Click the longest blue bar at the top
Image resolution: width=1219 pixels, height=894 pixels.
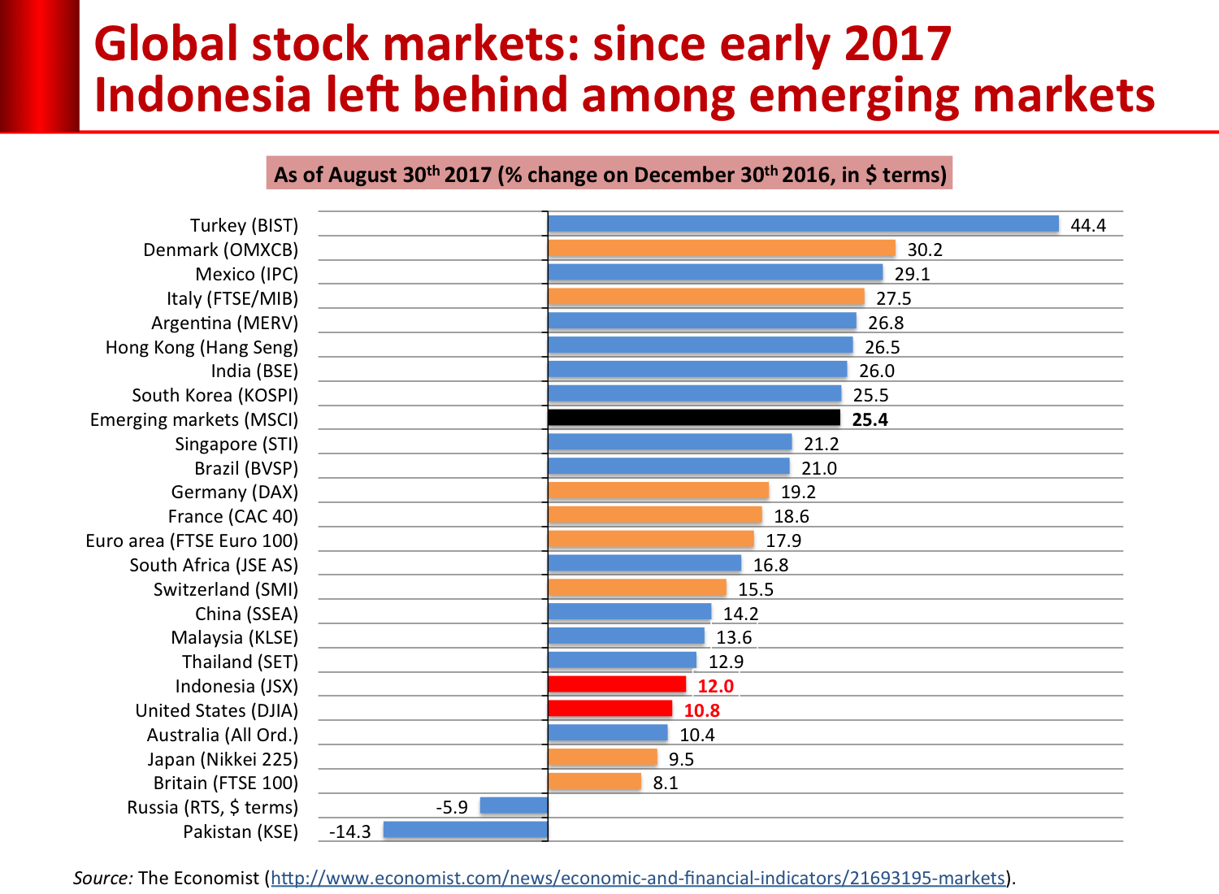pyautogui.click(x=803, y=223)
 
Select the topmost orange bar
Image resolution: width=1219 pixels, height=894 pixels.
pyautogui.click(x=722, y=248)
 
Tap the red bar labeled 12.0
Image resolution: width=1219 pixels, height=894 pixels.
pyautogui.click(x=618, y=684)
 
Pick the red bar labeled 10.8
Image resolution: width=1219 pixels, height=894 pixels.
pyautogui.click(x=610, y=709)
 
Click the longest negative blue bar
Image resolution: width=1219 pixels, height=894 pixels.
pyautogui.click(x=465, y=830)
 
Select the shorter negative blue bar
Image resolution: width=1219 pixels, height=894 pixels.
pyautogui.click(x=514, y=805)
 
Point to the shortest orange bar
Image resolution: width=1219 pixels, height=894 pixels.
pyautogui.click(x=595, y=781)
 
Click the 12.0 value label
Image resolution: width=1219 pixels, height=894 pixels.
pyautogui.click(x=716, y=686)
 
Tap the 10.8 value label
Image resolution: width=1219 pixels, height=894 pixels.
pyautogui.click(x=702, y=711)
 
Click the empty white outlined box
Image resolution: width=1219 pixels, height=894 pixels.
pyautogui.click(x=734, y=636)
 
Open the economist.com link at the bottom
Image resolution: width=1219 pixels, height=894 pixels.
pyautogui.click(x=637, y=879)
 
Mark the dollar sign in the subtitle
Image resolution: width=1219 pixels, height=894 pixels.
pyautogui.click(x=870, y=175)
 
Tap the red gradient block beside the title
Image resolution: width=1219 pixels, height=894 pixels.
pyautogui.click(x=39, y=65)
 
